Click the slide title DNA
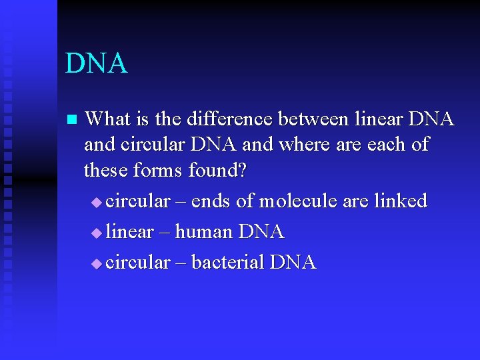pyautogui.click(x=96, y=64)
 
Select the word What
pyautogui.click(x=109, y=119)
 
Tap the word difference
pyautogui.click(x=225, y=119)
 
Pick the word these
pyautogui.click(x=106, y=171)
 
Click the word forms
pyautogui.click(x=158, y=171)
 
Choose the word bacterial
pyautogui.click(x=227, y=262)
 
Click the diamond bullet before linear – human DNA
pyautogui.click(x=97, y=233)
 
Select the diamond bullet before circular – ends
pyautogui.click(x=97, y=202)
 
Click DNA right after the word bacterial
pyautogui.click(x=293, y=262)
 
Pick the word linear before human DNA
pyautogui.click(x=129, y=232)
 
